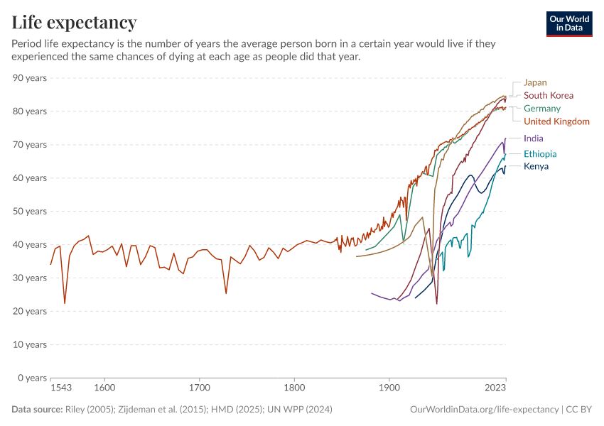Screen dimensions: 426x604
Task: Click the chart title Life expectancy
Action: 74,22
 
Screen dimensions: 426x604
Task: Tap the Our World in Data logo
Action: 568,23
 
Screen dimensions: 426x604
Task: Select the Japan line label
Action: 535,82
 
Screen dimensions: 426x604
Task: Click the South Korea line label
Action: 548,95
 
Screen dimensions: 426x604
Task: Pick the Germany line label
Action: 541,109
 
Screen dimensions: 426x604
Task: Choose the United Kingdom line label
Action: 556,121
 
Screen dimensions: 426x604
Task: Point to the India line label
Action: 534,138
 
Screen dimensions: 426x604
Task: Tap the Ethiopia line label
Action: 539,154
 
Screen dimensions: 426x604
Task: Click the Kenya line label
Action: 536,166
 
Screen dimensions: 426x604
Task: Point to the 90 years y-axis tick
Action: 30,78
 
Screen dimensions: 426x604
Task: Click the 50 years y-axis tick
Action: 30,211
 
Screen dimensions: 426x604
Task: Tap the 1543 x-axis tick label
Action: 61,388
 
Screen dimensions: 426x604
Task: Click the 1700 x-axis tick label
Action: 200,388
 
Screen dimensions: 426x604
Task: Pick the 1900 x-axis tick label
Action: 389,388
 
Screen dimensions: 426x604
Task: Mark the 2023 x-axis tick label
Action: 495,388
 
